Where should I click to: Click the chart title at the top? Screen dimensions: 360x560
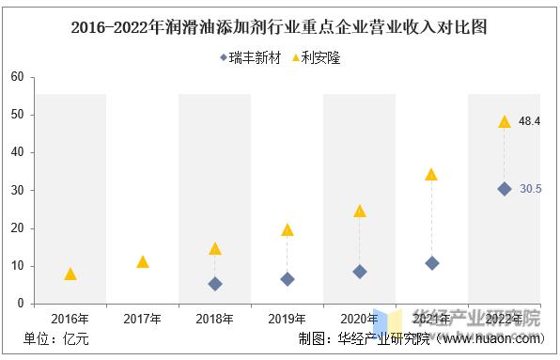pos(279,25)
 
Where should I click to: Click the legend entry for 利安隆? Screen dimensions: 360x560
pos(316,57)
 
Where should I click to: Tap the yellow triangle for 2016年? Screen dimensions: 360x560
pos(70,274)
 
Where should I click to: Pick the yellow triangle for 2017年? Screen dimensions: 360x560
pos(143,261)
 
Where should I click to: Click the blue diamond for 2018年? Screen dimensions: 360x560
pos(215,283)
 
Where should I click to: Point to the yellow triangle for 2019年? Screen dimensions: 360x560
pos(288,229)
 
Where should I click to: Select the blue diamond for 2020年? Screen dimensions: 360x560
pos(360,271)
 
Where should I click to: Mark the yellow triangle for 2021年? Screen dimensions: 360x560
pos(431,174)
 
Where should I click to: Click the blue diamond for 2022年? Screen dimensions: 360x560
pos(504,188)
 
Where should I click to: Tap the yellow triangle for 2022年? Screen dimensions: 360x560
pos(504,121)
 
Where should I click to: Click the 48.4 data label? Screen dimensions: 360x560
pos(530,121)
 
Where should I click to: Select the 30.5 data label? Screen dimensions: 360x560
pos(530,189)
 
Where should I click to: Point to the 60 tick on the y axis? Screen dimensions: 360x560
pos(16,77)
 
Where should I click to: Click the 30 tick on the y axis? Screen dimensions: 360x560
pos(16,190)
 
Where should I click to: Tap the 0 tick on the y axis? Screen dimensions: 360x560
pos(20,304)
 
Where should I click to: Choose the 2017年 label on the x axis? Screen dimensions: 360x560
pos(143,320)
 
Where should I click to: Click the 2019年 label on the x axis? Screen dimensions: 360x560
pos(288,320)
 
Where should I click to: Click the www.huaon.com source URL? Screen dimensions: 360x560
pos(498,340)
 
